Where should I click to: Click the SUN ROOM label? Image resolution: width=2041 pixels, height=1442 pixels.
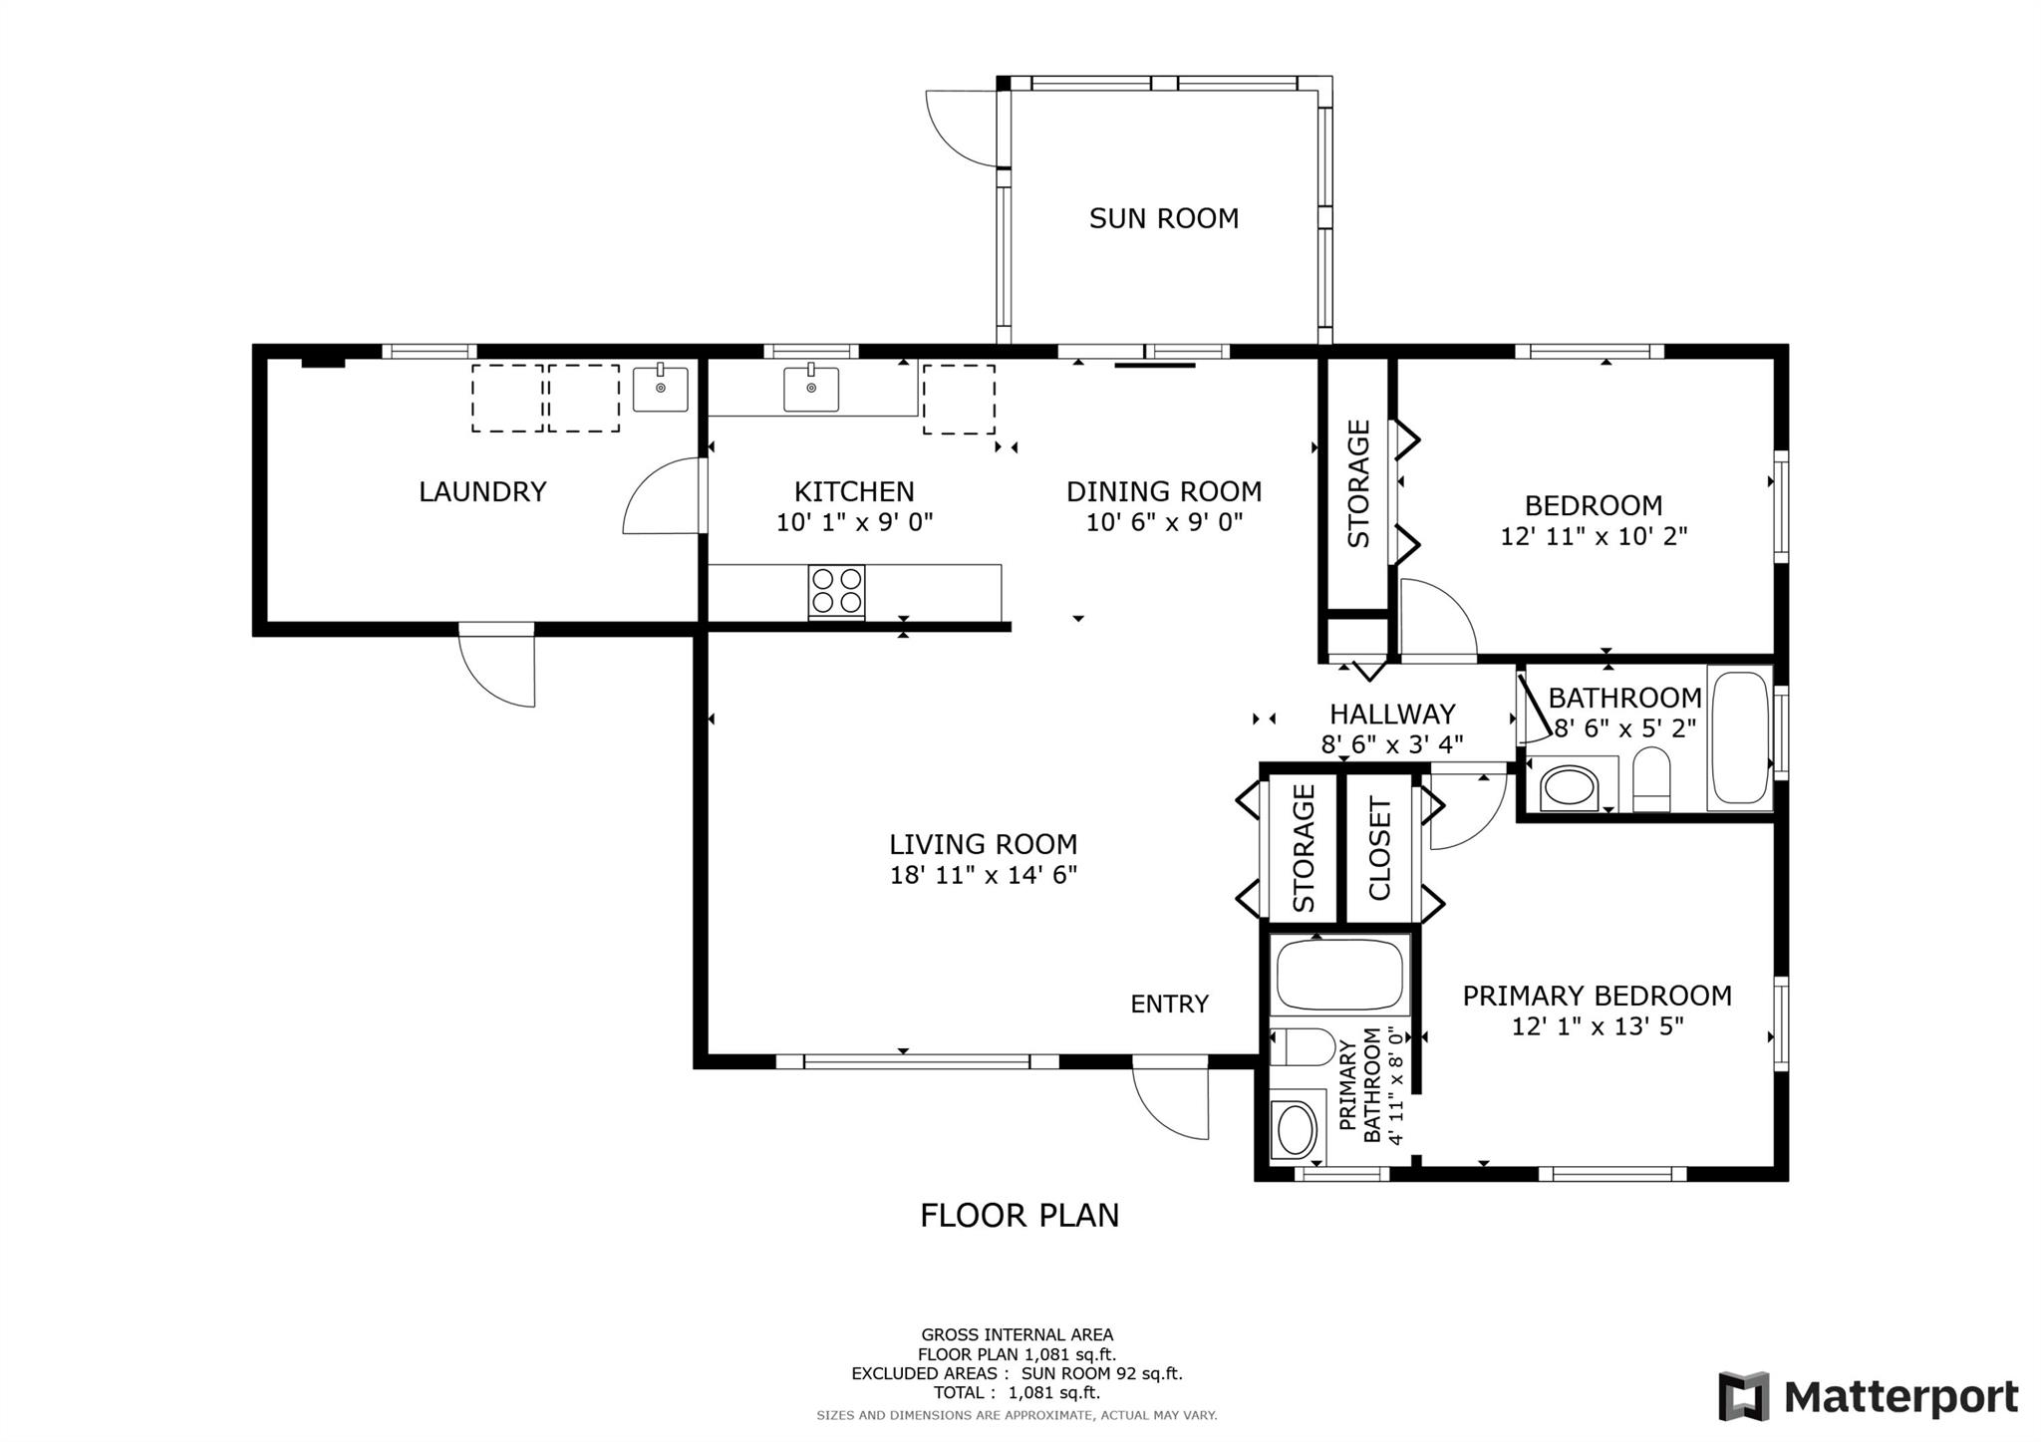pos(1163,218)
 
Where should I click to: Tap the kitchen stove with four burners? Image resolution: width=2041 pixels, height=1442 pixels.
pos(836,592)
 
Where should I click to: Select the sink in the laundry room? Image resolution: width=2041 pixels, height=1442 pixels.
pos(660,388)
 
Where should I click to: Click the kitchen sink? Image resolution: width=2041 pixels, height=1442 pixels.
pos(810,388)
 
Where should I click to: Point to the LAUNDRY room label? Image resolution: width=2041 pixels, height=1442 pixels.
pos(482,491)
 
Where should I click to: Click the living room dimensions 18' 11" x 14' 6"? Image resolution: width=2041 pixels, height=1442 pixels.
pos(984,875)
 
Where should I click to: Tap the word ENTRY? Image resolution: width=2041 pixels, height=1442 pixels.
pos(1169,1004)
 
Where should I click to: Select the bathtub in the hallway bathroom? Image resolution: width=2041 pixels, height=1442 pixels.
pos(1740,737)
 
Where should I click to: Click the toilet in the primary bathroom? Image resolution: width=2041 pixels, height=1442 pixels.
pos(1303,1047)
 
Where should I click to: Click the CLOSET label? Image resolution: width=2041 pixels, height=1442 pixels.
pos(1380,849)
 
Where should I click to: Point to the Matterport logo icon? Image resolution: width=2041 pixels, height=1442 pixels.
pos(1743,1396)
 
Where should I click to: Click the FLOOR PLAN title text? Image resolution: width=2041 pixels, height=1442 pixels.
pos(1020,1215)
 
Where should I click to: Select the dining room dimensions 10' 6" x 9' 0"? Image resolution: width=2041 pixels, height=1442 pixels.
pos(1164,522)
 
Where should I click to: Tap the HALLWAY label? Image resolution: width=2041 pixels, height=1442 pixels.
pos(1392,714)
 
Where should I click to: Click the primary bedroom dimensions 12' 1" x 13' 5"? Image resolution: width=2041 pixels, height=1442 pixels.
pos(1598,1026)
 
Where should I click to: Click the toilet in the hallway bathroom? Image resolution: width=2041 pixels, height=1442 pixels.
pos(1651,779)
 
